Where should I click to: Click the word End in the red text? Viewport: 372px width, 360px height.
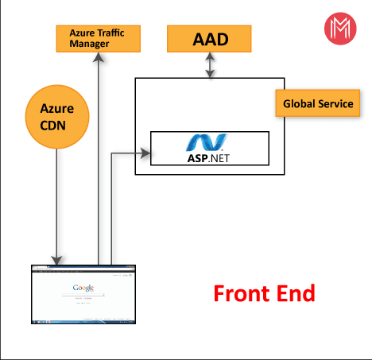295,292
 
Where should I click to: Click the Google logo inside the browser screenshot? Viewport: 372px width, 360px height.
83,288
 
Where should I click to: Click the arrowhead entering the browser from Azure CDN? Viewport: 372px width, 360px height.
57,258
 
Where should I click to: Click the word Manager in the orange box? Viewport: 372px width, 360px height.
87,44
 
